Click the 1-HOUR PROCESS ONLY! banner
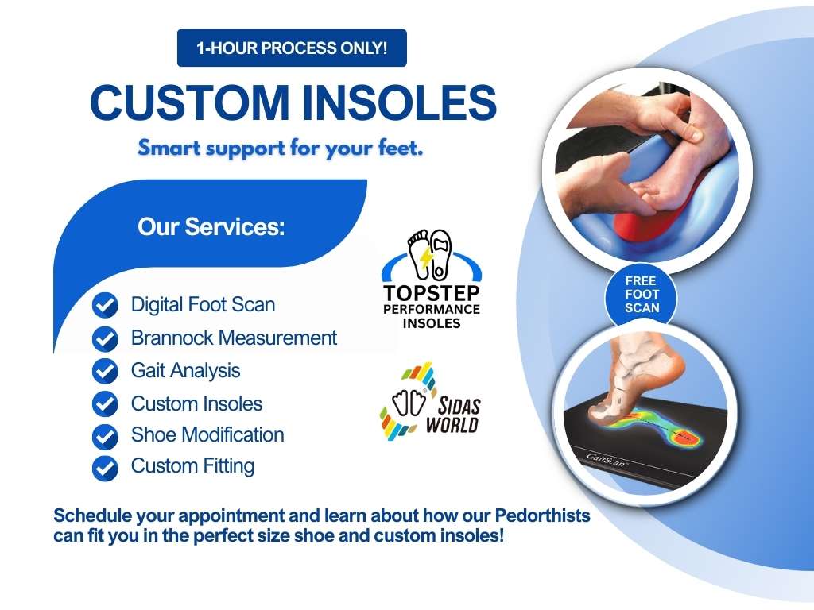point(292,48)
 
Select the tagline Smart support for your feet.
point(281,149)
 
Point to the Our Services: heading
point(211,226)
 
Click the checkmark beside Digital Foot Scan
point(106,305)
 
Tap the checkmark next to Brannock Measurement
point(106,338)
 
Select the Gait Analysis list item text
point(185,371)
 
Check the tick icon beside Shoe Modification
point(106,436)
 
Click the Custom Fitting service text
point(192,466)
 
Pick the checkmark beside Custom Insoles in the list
point(106,403)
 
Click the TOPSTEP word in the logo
point(432,293)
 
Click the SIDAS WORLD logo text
point(452,415)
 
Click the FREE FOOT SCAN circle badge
point(642,294)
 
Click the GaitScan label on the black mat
point(606,460)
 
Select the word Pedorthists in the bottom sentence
point(542,516)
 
